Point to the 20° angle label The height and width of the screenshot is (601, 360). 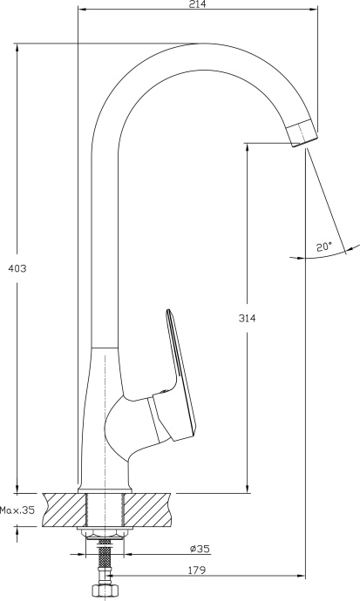pos(324,248)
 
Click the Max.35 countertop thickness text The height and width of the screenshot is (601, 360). pos(17,511)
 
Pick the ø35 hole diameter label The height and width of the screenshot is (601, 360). pos(199,550)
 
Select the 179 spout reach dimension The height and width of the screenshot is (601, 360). pos(199,571)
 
